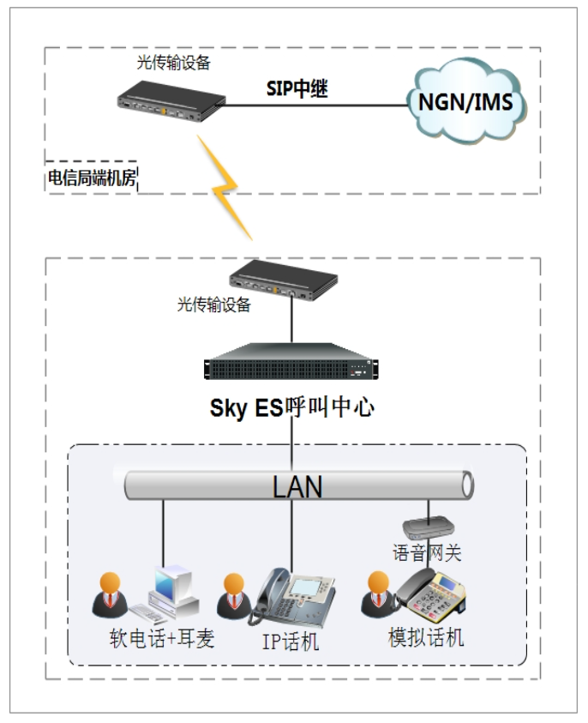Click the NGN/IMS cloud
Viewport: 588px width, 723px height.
coord(465,101)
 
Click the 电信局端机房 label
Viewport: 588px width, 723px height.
coord(92,178)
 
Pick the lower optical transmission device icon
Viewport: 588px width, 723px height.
coord(284,280)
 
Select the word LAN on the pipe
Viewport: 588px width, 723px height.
coord(297,486)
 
